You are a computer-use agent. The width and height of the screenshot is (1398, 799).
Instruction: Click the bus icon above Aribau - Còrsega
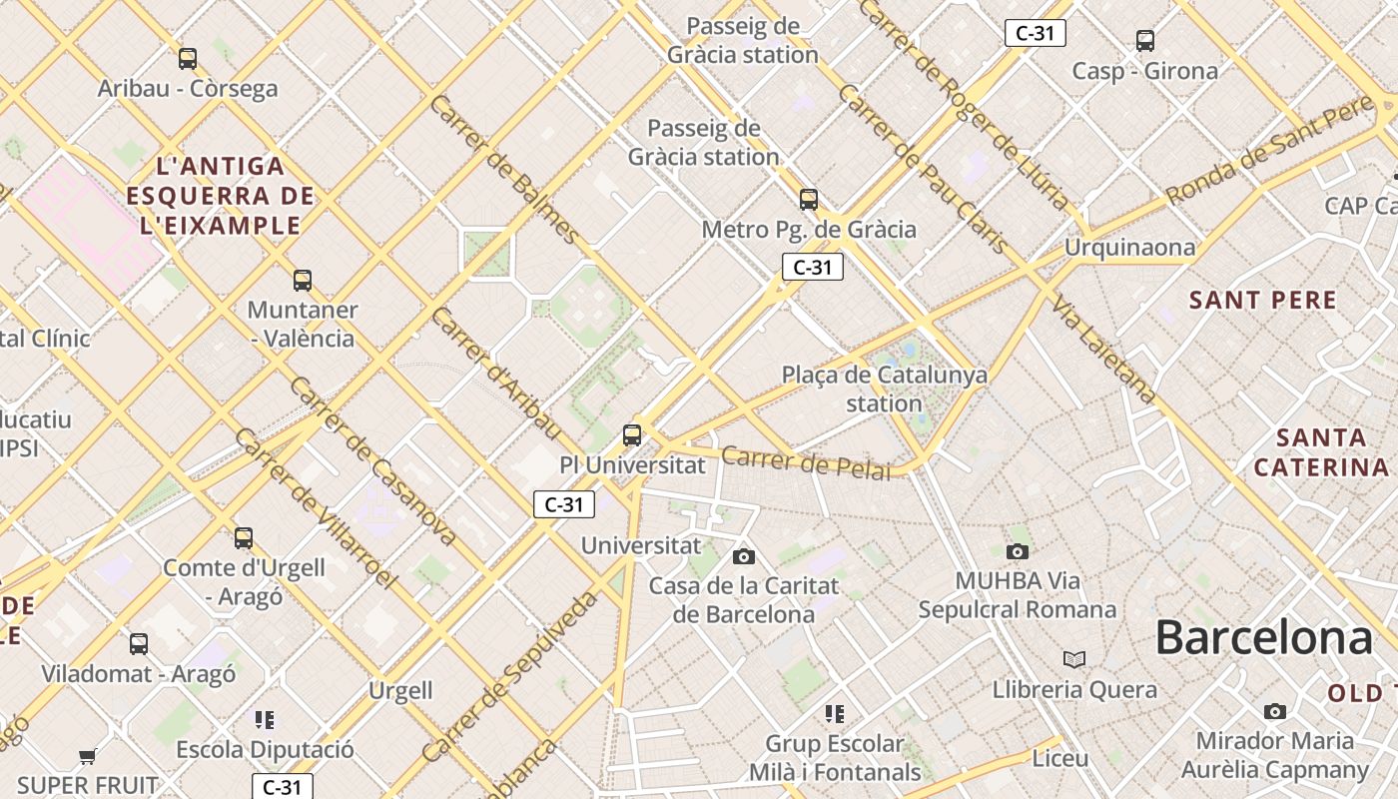click(188, 59)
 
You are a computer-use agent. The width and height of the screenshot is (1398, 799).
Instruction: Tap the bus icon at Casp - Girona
click(1145, 41)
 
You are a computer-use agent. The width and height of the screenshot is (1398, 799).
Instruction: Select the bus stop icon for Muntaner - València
click(303, 281)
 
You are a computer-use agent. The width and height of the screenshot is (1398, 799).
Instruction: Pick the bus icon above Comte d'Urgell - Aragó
click(244, 538)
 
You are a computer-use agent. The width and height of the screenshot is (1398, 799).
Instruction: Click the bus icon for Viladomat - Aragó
click(139, 644)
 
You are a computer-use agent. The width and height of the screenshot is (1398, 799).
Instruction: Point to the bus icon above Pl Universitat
click(632, 435)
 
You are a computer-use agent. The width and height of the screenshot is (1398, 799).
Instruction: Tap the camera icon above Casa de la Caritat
click(744, 556)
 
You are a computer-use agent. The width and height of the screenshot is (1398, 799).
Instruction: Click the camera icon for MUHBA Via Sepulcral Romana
click(1018, 551)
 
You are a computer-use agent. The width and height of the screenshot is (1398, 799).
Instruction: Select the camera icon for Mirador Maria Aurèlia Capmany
click(1275, 711)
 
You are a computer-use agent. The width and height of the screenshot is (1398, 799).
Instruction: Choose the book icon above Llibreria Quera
click(1074, 659)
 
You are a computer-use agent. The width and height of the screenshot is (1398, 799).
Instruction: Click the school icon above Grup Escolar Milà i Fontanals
click(835, 713)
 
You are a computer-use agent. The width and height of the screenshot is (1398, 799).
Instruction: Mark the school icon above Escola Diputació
click(265, 719)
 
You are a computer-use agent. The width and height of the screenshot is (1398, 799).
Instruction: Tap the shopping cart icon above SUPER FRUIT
click(88, 757)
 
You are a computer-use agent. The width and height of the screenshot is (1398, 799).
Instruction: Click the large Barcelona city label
click(1264, 637)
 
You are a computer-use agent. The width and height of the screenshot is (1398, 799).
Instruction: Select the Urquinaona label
click(1129, 247)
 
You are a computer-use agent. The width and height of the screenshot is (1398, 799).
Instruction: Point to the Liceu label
click(1060, 758)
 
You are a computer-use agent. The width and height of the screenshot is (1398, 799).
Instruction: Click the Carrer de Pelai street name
click(805, 462)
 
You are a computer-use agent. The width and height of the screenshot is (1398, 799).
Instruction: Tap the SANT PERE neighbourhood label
click(1263, 300)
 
